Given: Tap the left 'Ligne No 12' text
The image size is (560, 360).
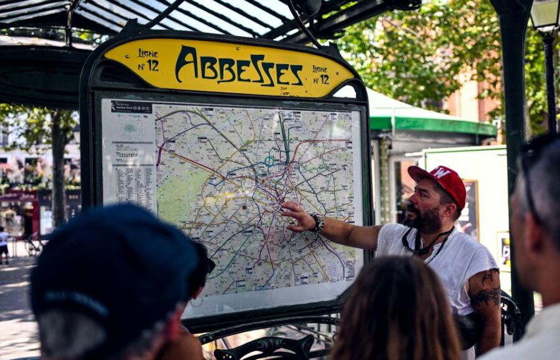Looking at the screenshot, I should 148,60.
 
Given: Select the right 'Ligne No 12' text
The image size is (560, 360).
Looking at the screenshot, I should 320,75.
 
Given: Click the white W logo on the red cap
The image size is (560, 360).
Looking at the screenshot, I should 441,172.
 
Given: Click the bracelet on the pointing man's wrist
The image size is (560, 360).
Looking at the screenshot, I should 318,223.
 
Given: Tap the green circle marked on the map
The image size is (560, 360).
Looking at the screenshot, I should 269,161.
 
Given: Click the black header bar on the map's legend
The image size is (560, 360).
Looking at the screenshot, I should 131,107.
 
